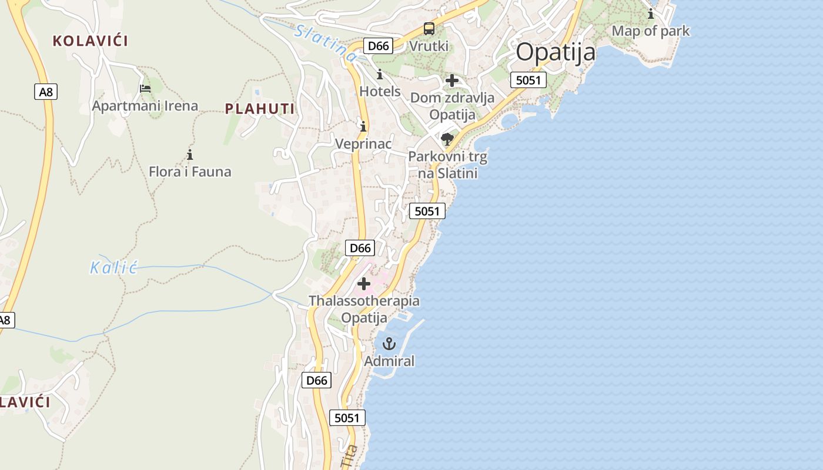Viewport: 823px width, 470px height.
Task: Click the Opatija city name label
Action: [556, 52]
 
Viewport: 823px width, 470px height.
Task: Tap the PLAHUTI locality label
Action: [260, 109]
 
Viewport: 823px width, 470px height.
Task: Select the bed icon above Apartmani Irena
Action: [145, 89]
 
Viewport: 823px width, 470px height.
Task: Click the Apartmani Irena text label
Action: [145, 106]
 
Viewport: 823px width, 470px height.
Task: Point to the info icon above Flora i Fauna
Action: [190, 155]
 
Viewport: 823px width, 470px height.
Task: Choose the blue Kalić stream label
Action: [113, 268]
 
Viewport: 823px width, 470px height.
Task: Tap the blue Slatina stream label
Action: [326, 42]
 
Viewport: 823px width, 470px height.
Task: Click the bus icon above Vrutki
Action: [429, 29]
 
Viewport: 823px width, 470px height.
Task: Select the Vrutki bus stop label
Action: [429, 46]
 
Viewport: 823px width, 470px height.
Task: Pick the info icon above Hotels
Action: [380, 75]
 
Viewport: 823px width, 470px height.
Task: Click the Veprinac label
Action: [363, 143]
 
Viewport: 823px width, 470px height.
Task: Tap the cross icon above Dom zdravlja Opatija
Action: [452, 80]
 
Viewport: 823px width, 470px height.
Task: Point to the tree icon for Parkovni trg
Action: [447, 139]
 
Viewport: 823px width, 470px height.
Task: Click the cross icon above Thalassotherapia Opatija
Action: [364, 284]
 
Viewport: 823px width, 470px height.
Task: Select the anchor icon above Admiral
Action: [389, 344]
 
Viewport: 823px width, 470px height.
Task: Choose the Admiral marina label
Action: [389, 361]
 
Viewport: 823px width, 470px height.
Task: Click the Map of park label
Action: [651, 31]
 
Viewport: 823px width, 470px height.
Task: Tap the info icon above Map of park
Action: [651, 14]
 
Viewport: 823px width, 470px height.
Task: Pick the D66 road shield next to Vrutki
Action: [378, 46]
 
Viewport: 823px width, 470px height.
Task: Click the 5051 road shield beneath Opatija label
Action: [528, 80]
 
